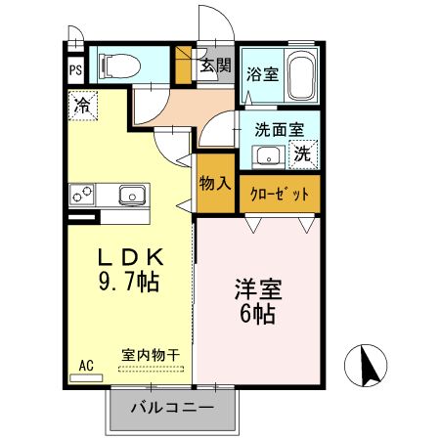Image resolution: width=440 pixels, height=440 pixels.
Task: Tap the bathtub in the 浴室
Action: click(x=302, y=75)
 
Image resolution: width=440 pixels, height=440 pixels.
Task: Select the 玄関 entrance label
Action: click(x=215, y=66)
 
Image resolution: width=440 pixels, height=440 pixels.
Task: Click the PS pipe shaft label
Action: click(x=75, y=70)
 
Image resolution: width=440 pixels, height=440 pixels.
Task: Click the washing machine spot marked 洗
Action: click(x=304, y=154)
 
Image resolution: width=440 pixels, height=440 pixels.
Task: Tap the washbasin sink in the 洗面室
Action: click(x=266, y=155)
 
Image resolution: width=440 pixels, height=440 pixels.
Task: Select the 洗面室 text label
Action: click(x=280, y=129)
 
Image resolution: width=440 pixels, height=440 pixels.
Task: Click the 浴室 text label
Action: click(x=262, y=72)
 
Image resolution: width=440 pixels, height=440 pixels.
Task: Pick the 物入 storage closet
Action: click(x=215, y=185)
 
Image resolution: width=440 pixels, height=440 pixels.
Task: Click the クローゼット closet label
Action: click(x=279, y=194)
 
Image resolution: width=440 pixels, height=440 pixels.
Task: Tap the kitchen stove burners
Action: click(x=80, y=194)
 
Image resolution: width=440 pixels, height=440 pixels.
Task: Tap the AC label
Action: click(x=85, y=366)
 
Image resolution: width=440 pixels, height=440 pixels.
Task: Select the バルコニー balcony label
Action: click(x=172, y=407)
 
